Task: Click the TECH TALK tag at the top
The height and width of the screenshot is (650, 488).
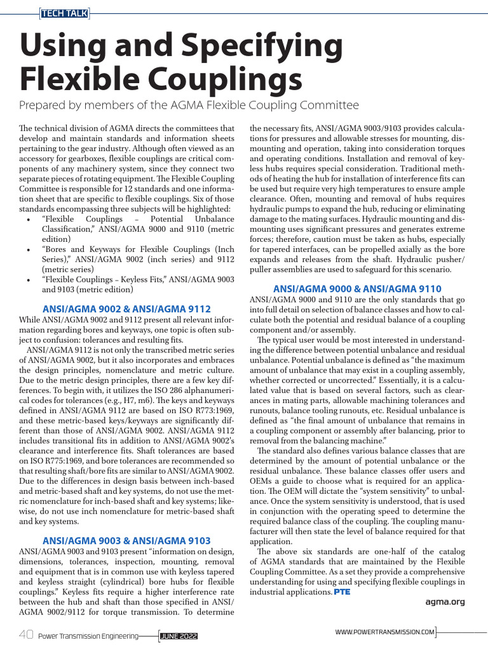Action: pyautogui.click(x=64, y=12)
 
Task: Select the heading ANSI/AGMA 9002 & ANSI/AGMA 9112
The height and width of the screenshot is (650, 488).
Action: pyautogui.click(x=126, y=308)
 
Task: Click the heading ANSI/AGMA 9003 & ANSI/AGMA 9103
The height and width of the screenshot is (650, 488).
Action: pyautogui.click(x=126, y=540)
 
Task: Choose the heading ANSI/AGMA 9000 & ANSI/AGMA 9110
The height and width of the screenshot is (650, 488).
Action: pyautogui.click(x=356, y=289)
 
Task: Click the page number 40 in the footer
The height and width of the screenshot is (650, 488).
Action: pyautogui.click(x=26, y=635)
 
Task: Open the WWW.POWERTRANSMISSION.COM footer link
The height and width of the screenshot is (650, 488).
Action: pyautogui.click(x=385, y=632)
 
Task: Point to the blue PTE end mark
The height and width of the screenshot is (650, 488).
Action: pyautogui.click(x=342, y=592)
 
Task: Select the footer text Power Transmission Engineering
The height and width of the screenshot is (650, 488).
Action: pyautogui.click(x=88, y=635)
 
